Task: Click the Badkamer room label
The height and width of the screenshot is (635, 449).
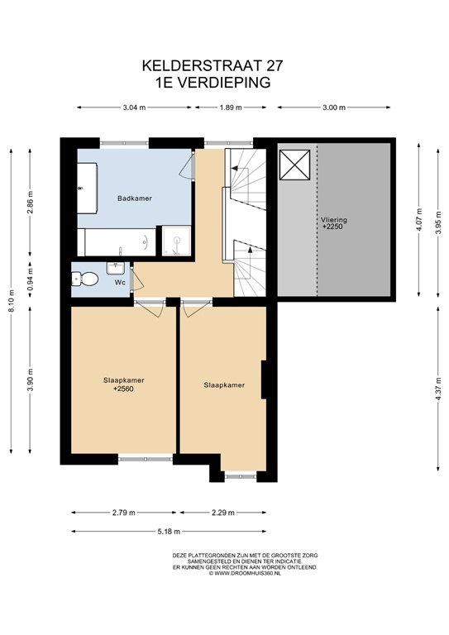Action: pos(134,198)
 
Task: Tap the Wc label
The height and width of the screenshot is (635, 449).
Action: pos(120,283)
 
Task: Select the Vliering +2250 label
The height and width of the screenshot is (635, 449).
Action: pos(334,222)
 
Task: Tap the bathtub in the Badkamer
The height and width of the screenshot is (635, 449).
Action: pos(116,241)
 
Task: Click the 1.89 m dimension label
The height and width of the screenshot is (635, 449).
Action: pos(233,107)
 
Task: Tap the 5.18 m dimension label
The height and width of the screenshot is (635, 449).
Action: pos(170,531)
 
